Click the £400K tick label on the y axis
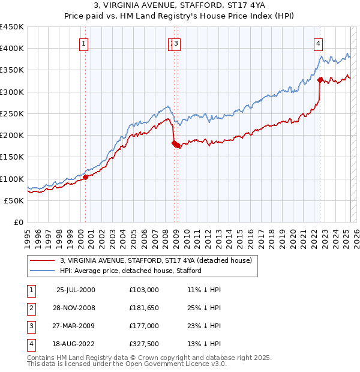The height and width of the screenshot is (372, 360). (12, 49)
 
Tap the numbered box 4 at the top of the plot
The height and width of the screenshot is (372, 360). (317, 43)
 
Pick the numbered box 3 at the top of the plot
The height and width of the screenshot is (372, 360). (178, 43)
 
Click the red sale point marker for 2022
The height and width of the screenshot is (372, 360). (320, 79)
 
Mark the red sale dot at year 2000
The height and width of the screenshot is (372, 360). (86, 177)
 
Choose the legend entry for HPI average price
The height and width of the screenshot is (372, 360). (130, 271)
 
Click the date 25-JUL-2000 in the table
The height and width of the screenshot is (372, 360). (76, 290)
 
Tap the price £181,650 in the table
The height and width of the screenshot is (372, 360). (144, 308)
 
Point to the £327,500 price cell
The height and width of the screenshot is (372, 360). (144, 344)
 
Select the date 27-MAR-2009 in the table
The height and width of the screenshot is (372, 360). (76, 326)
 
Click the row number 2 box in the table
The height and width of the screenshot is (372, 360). (30, 308)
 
